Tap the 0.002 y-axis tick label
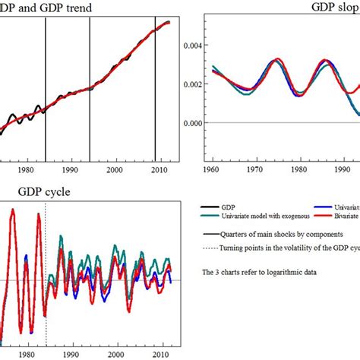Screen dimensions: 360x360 coord(193,84)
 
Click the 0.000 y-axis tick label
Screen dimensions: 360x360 coord(193,122)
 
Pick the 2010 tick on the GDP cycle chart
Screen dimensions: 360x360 coord(159,355)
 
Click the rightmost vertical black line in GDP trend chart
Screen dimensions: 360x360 coord(155,84)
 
